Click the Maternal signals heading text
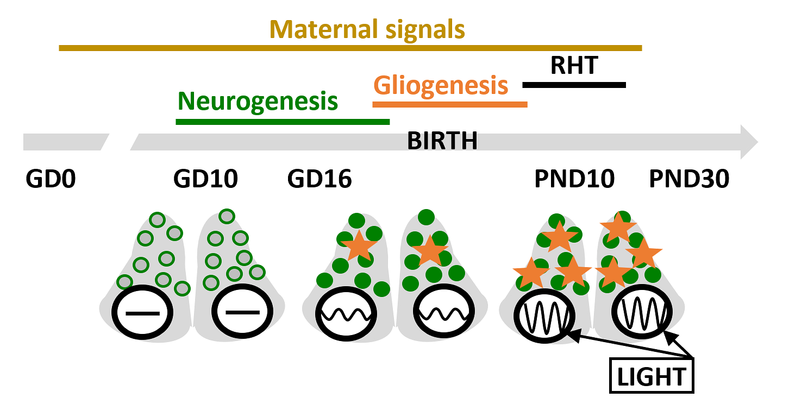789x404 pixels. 367,29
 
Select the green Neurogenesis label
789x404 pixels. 258,101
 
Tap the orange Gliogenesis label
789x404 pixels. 441,85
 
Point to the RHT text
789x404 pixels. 574,66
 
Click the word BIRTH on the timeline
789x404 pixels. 442,142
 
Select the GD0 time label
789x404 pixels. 51,179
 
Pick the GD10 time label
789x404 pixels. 205,179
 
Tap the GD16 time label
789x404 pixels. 320,179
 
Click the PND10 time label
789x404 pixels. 575,179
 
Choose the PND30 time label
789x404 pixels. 689,179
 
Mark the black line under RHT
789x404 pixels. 574,85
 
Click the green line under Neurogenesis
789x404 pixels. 283,122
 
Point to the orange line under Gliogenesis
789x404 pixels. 449,104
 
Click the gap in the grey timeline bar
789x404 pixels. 120,142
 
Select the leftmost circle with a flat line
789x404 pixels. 142,313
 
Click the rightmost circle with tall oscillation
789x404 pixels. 642,313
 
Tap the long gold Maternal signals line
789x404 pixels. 350,48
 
